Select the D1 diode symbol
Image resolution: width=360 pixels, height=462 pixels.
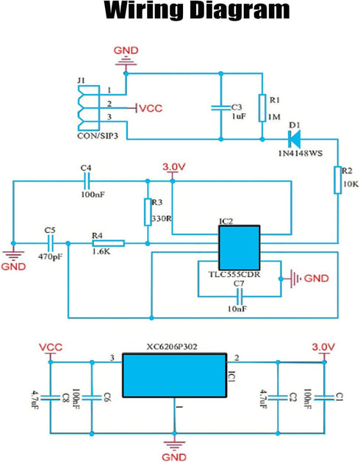click(295, 139)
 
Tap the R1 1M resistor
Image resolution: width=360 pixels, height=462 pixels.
click(262, 108)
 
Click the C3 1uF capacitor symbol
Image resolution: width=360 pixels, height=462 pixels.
click(221, 107)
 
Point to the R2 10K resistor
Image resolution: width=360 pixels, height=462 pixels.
click(338, 180)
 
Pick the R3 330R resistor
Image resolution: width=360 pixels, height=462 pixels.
click(148, 212)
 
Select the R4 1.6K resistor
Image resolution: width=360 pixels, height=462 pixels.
click(108, 243)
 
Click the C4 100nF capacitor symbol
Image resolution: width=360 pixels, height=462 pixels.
click(87, 181)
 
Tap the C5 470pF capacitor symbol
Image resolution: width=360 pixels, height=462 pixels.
click(51, 243)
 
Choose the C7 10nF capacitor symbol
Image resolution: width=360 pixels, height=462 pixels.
click(240, 297)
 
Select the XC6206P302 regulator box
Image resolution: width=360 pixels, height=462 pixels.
click(175, 375)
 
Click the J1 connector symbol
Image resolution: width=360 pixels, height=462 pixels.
click(88, 108)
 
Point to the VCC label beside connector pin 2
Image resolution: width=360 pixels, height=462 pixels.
click(151, 108)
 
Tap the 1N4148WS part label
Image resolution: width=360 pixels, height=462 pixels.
click(300, 154)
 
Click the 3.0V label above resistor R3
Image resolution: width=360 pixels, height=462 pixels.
click(174, 167)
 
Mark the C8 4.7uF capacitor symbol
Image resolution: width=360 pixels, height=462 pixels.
click(51, 398)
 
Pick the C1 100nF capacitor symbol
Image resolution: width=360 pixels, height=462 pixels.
click(324, 398)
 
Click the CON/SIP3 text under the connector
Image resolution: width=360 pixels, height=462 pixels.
click(98, 136)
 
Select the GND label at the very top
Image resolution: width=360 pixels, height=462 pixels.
click(126, 51)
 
